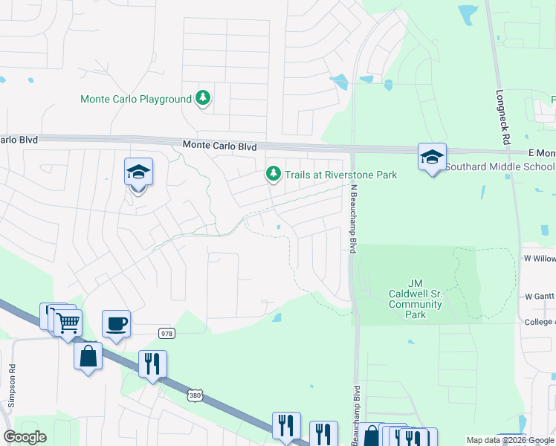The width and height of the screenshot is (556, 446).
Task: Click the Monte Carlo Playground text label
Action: pos(135,99)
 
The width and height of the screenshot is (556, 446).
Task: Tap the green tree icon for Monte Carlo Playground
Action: pos(202,98)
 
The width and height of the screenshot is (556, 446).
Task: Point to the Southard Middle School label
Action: pos(500,167)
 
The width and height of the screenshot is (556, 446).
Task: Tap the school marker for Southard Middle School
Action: pos(432,158)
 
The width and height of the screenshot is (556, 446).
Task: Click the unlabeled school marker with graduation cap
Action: pos(138,173)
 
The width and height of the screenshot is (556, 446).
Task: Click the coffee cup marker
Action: pos(116,324)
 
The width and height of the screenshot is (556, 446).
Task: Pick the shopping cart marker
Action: pos(68,323)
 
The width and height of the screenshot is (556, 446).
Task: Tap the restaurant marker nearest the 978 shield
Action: pos(152,364)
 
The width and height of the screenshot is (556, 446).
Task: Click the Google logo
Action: pos(25,438)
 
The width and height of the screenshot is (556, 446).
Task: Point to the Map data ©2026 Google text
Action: pos(509,440)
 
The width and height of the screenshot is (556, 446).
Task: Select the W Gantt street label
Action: pos(540,296)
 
